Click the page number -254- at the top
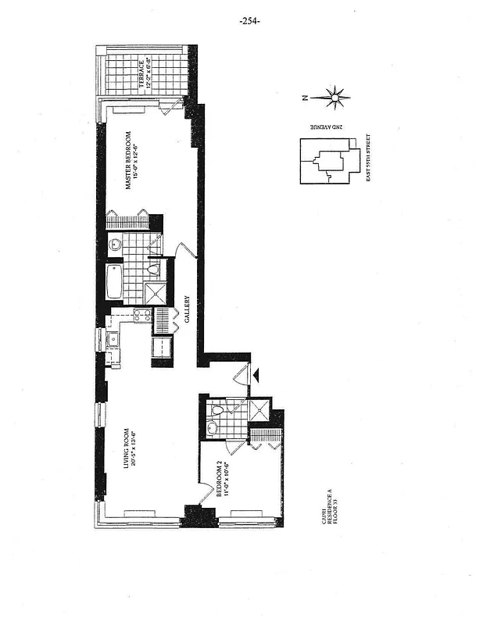tap(249, 21)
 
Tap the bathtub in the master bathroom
tap(114, 280)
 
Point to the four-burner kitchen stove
tap(141, 316)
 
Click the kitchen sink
tap(112, 338)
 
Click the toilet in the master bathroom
tap(153, 270)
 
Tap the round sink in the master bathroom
tap(115, 243)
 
